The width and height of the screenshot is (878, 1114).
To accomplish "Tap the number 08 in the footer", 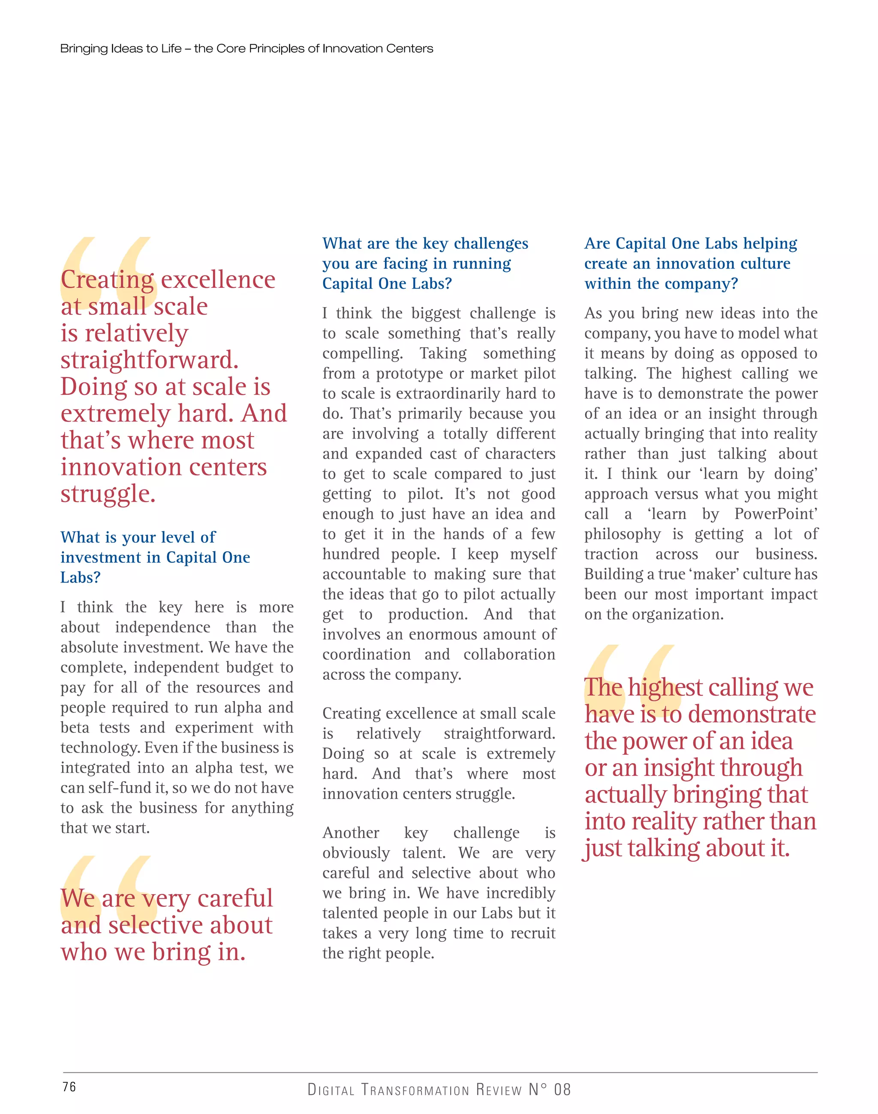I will [x=562, y=1089].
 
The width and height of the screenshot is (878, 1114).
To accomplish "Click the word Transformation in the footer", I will [x=415, y=1089].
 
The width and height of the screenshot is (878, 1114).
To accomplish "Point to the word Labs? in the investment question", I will [x=80, y=578].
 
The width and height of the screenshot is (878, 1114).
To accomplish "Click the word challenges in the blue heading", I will [x=491, y=243].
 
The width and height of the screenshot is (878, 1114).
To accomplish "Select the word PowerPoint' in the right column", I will [x=776, y=514].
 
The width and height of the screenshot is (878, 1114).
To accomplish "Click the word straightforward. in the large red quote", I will [x=150, y=360].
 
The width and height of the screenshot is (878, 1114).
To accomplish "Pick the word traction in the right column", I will [x=611, y=554].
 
